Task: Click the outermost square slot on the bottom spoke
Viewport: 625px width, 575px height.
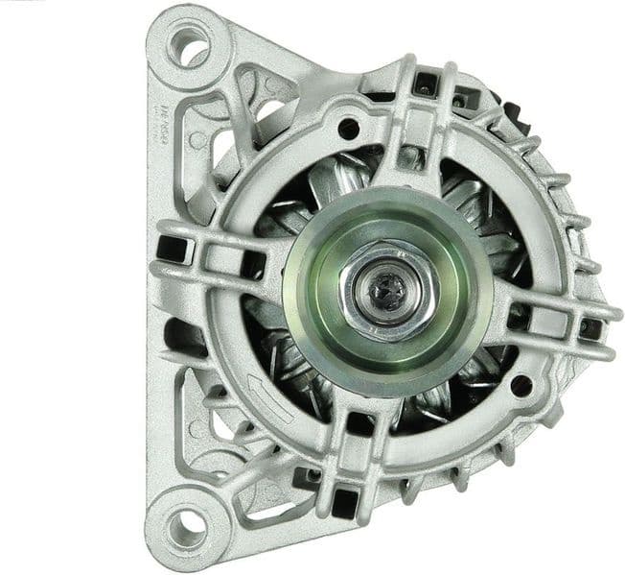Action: coord(342,498)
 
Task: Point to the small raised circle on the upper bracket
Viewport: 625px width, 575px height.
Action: coord(198,140)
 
